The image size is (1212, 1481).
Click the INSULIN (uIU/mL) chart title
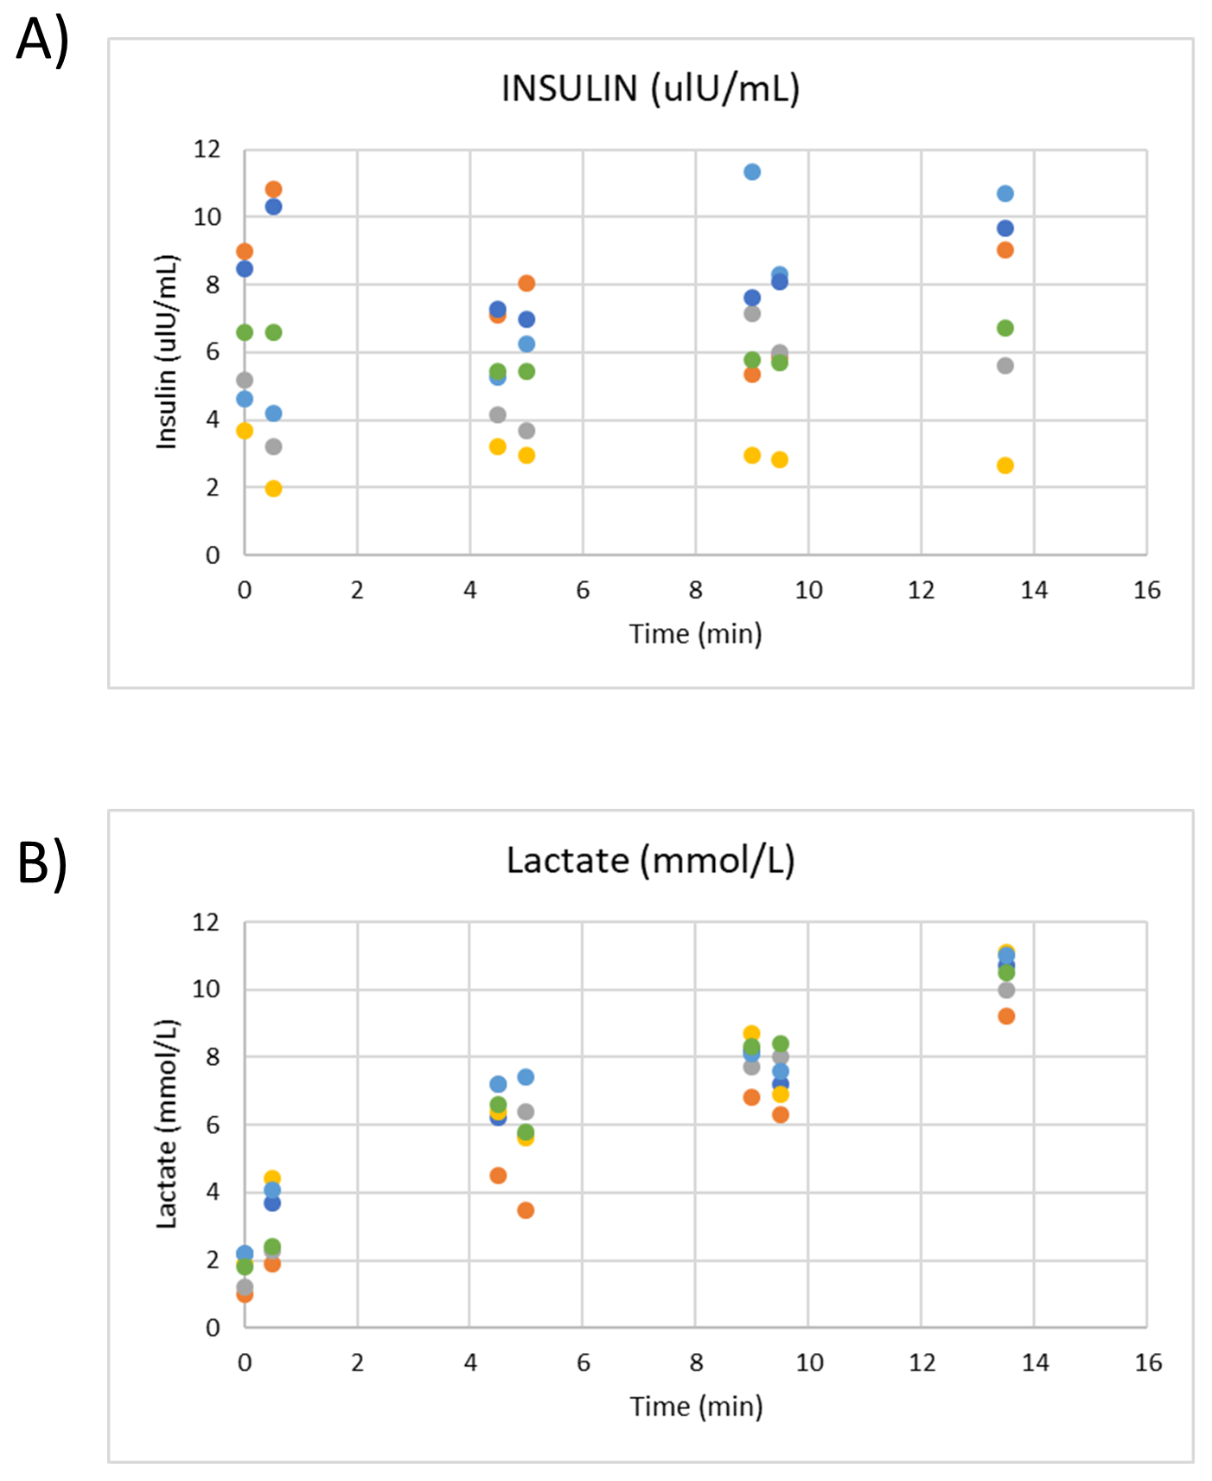[650, 88]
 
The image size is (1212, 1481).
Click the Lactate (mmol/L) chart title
[650, 861]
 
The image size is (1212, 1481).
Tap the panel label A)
[42, 41]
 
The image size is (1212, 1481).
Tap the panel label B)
[42, 863]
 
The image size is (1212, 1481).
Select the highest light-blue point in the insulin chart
[752, 172]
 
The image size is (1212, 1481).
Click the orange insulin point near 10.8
[273, 189]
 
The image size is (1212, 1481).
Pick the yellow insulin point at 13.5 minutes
[1005, 465]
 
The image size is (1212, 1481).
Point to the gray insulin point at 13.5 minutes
[1005, 366]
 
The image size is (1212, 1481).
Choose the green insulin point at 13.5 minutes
[1005, 328]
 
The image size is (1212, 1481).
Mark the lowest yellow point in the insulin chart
[273, 489]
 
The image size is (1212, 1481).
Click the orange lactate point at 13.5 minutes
[1005, 1016]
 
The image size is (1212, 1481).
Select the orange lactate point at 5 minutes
[526, 1210]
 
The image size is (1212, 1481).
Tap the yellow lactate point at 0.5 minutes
[272, 1178]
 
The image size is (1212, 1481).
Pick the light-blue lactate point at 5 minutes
[526, 1077]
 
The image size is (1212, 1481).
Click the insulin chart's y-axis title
[166, 352]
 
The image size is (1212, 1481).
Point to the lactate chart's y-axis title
[166, 1124]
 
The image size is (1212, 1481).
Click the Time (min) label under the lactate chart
[696, 1406]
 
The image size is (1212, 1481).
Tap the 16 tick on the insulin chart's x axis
[1147, 591]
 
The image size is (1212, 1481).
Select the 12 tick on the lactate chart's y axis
[206, 922]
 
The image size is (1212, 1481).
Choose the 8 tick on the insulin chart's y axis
[213, 285]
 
